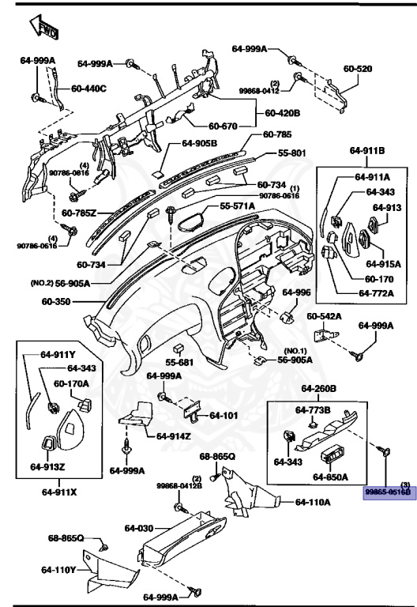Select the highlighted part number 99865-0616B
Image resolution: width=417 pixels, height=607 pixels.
tap(388, 491)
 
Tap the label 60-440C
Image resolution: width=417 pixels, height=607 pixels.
tap(88, 88)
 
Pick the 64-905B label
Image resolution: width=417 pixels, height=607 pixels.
tap(199, 143)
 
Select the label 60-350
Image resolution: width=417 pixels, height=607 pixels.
tap(57, 301)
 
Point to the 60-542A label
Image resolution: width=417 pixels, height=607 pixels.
tap(324, 316)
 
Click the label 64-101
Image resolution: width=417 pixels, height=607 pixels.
tap(223, 415)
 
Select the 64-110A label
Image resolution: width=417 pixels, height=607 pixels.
tap(313, 501)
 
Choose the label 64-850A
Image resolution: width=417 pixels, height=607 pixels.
tap(330, 477)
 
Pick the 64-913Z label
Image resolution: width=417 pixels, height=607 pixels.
tap(47, 466)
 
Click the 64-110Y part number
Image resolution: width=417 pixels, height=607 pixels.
tap(59, 569)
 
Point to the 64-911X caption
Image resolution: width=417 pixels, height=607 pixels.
tap(58, 492)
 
